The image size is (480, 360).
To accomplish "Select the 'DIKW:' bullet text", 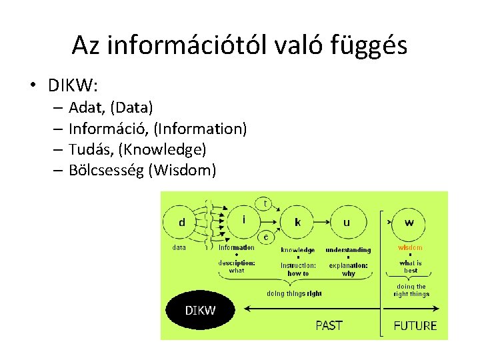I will (x=73, y=86).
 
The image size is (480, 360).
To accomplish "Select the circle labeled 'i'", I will (x=246, y=219).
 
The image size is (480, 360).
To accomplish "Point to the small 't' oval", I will (x=265, y=201).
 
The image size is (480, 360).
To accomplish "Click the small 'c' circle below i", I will (x=265, y=237).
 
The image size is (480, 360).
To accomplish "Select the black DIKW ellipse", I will (x=200, y=310).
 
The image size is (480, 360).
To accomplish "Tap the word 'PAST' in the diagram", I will (x=329, y=325).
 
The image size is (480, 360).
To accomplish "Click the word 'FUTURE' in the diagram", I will (x=415, y=326).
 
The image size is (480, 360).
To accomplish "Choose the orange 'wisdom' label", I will (x=410, y=248).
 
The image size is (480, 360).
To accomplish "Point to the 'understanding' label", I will (x=348, y=250).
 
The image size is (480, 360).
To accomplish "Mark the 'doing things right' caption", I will (x=294, y=293).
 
